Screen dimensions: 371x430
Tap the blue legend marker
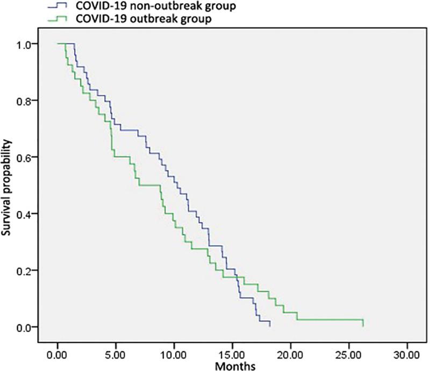point(62,6)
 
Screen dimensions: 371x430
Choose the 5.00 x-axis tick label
point(116,355)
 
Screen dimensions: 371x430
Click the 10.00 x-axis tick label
point(174,355)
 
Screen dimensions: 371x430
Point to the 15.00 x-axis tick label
point(232,355)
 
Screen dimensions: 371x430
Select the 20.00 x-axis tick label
point(290,355)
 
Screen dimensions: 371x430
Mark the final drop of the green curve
point(363,323)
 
